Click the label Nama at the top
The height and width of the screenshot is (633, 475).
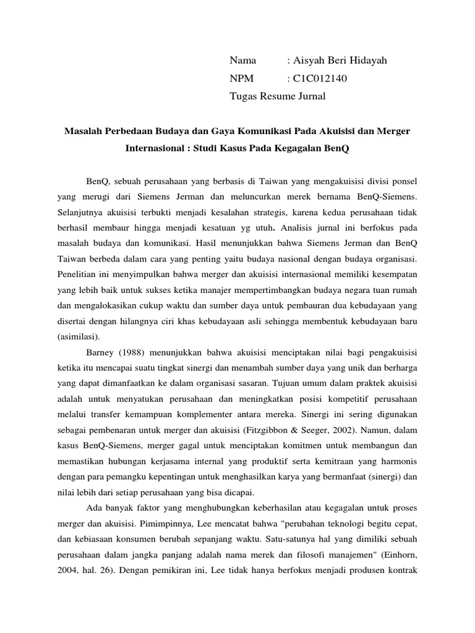coord(242,61)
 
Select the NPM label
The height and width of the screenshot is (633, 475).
coord(242,79)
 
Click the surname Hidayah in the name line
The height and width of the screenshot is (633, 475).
coord(365,61)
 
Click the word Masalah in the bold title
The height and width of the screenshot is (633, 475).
coord(84,132)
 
